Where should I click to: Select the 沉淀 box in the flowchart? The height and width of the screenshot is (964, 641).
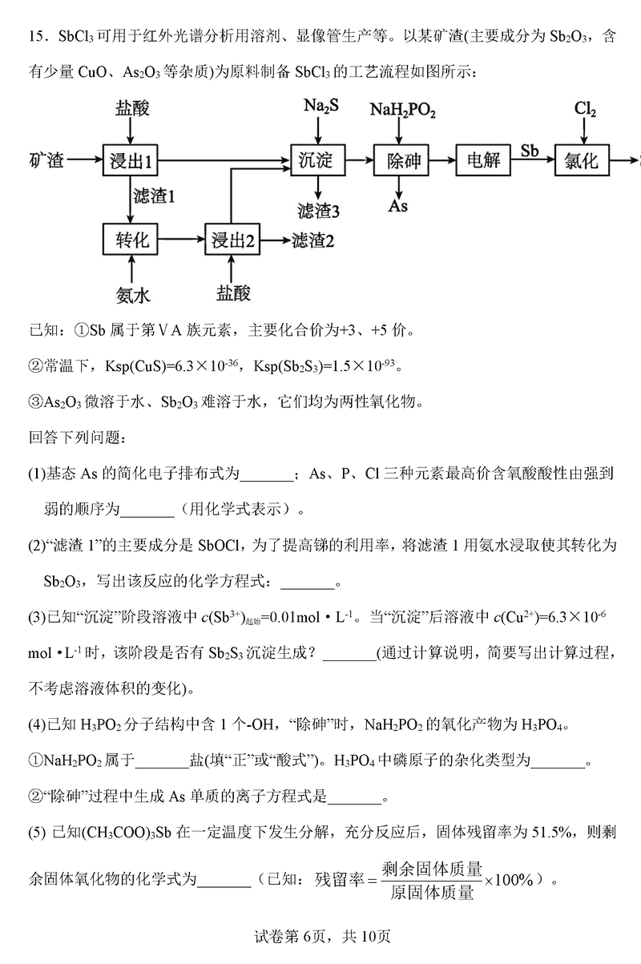pyautogui.click(x=316, y=160)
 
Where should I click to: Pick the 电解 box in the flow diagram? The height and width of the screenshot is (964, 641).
pyautogui.click(x=483, y=160)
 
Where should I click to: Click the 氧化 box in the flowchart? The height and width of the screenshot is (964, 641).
pyautogui.click(x=581, y=160)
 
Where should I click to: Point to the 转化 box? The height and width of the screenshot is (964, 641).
pyautogui.click(x=133, y=239)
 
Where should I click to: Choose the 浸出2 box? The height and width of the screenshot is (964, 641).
pyautogui.click(x=232, y=239)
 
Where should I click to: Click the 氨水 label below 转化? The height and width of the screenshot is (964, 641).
pyautogui.click(x=133, y=294)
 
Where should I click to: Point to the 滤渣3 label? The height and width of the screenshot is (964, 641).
pyautogui.click(x=318, y=212)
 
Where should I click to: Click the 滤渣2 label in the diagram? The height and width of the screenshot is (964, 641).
pyautogui.click(x=312, y=239)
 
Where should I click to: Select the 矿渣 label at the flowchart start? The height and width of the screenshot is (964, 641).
pyautogui.click(x=46, y=160)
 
